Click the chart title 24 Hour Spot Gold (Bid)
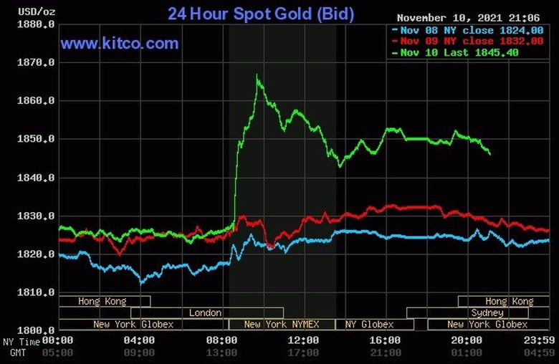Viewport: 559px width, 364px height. point(260,14)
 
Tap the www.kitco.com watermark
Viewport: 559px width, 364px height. point(119,44)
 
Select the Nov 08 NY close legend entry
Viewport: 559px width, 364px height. point(468,30)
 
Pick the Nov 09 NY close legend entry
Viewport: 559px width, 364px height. point(468,42)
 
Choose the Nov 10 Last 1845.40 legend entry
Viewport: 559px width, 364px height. point(468,52)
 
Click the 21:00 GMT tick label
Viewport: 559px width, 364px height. point(386,353)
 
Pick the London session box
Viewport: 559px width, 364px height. point(206,312)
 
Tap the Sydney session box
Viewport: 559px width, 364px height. point(487,312)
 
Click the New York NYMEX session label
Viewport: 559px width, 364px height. point(281,324)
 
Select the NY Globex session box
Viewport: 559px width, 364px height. point(369,324)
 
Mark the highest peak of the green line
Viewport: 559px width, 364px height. point(257,75)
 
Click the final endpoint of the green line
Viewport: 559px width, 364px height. point(490,153)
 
